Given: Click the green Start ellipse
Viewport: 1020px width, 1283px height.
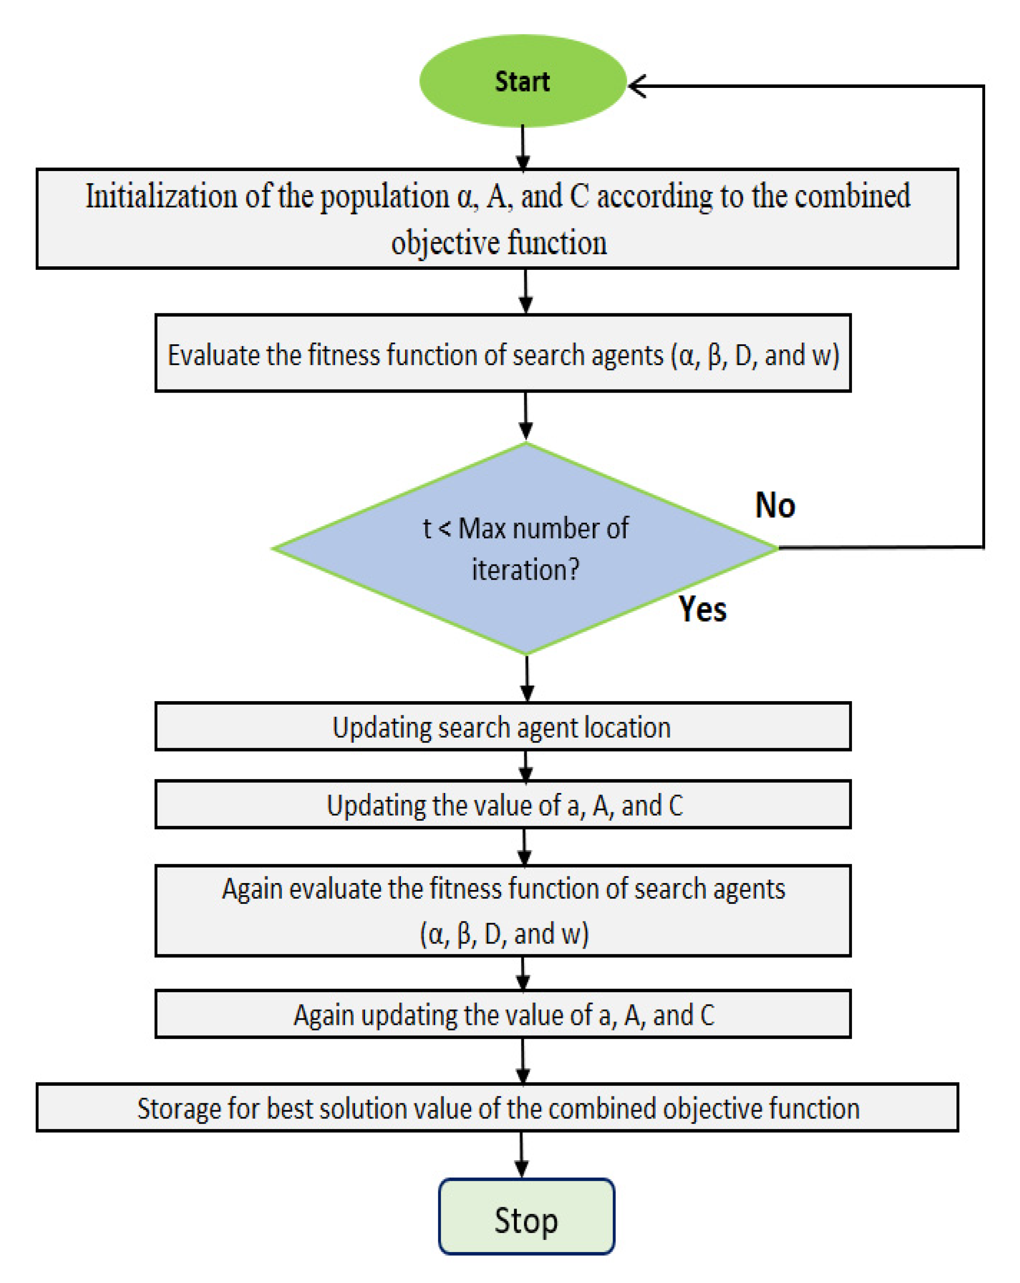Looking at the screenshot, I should coord(523,81).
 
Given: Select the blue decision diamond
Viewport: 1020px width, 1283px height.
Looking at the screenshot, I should coord(526,548).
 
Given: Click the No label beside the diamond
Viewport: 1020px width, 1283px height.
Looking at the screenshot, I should coord(775,505).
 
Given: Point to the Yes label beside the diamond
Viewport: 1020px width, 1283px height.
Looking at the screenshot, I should coord(702,609).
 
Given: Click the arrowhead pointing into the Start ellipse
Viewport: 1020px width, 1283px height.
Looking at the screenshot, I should coord(637,86).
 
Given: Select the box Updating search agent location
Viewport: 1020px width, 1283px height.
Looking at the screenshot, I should coord(502,727).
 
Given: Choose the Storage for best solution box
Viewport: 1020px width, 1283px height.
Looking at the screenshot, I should coord(497,1108).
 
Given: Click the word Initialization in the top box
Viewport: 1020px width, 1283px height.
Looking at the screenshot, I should coord(161,196).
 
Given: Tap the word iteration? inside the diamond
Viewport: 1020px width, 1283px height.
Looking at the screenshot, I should coord(525,570).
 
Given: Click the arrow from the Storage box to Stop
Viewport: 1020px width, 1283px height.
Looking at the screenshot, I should coord(521,1155).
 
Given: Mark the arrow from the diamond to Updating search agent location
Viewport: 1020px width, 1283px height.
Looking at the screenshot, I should coord(527,678).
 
